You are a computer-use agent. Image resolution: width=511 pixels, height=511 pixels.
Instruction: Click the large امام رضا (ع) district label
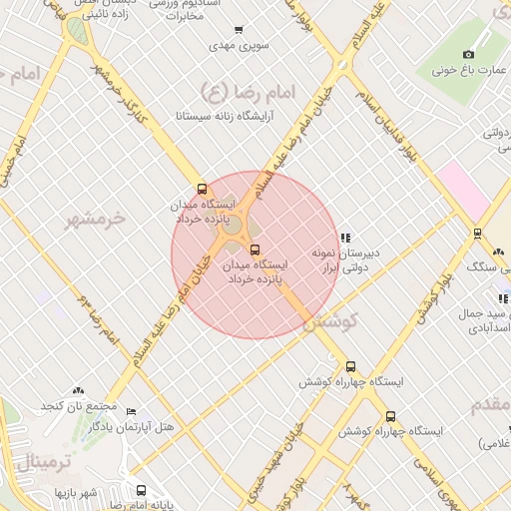[249, 92]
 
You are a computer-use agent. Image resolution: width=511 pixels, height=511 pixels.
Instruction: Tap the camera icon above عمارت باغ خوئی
[469, 53]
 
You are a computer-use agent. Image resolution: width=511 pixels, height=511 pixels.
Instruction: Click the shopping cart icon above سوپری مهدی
[237, 30]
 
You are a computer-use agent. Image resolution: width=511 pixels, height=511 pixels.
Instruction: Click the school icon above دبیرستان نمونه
[345, 238]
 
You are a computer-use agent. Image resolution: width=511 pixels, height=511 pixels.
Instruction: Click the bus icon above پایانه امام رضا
[141, 490]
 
